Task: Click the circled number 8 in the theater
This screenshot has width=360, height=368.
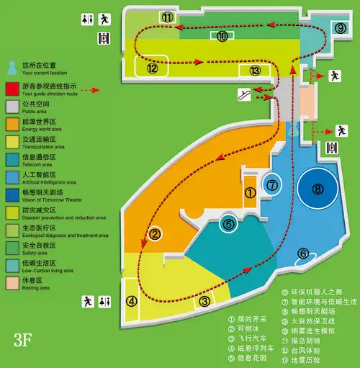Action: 318,190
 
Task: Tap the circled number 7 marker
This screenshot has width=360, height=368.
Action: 272,185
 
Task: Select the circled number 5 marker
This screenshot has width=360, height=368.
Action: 229,224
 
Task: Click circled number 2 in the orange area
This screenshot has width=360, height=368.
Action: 154,233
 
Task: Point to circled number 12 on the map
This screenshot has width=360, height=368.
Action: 152,68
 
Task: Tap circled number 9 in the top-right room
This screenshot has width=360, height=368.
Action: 340,27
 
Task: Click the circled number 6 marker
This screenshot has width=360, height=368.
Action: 303,253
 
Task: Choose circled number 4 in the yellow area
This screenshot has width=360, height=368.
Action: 132,302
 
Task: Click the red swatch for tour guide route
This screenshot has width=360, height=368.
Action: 12,89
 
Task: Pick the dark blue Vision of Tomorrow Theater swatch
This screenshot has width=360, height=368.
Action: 12,194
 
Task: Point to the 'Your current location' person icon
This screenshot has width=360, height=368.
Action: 12,68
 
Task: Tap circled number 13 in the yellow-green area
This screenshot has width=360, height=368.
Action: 255,71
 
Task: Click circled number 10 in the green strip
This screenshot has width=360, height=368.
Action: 222,35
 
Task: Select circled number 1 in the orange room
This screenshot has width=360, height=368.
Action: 250,192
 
